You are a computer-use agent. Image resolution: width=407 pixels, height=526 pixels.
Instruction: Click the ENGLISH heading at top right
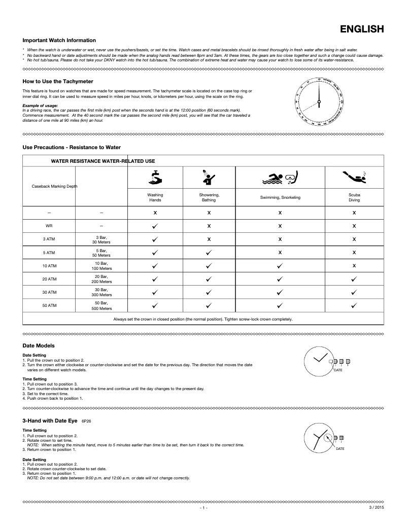tap(361, 29)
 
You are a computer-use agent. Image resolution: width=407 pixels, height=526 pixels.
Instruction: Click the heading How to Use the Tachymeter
tap(58, 81)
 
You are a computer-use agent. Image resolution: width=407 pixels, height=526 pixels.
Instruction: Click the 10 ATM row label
tap(49, 265)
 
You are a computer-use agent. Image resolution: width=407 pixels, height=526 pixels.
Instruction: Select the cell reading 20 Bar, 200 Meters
tap(101, 279)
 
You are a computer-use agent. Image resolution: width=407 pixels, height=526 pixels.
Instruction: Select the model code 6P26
tap(86, 421)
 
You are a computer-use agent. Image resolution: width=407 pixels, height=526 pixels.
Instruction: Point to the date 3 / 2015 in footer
tap(376, 507)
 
